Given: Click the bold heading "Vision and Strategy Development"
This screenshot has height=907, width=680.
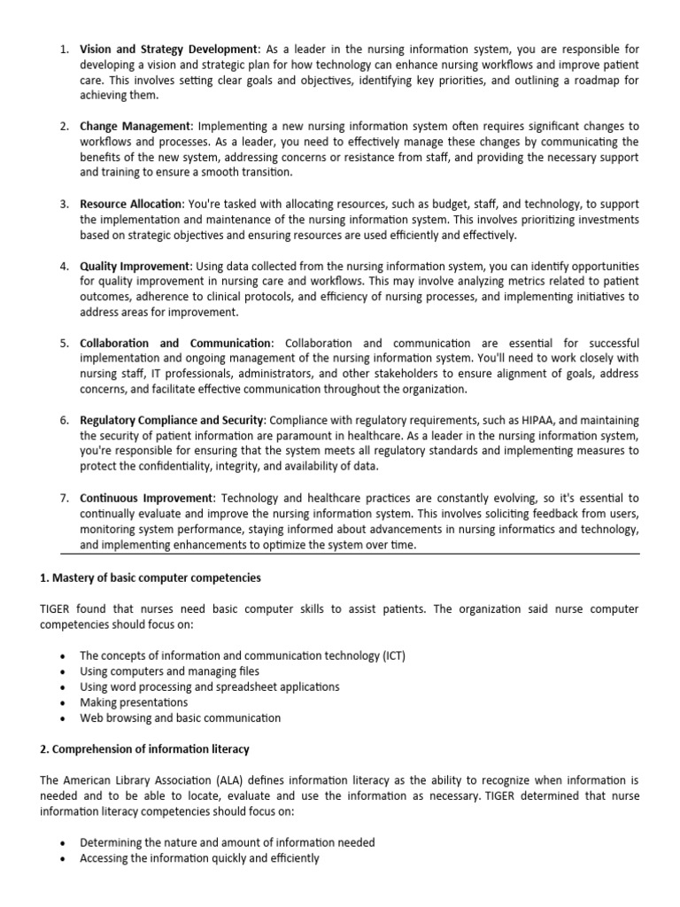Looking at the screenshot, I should pos(168,49).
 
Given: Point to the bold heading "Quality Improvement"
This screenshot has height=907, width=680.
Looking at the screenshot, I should pos(135,267).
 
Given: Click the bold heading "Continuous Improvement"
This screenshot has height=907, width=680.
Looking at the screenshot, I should pos(147,498).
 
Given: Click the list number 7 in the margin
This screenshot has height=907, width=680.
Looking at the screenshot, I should pos(65,498).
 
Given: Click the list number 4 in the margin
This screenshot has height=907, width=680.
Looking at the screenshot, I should pos(65,267).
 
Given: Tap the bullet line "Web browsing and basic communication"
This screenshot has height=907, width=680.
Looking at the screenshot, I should pos(180,718).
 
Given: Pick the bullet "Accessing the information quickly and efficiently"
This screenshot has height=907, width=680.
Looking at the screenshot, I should pos(199,859).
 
